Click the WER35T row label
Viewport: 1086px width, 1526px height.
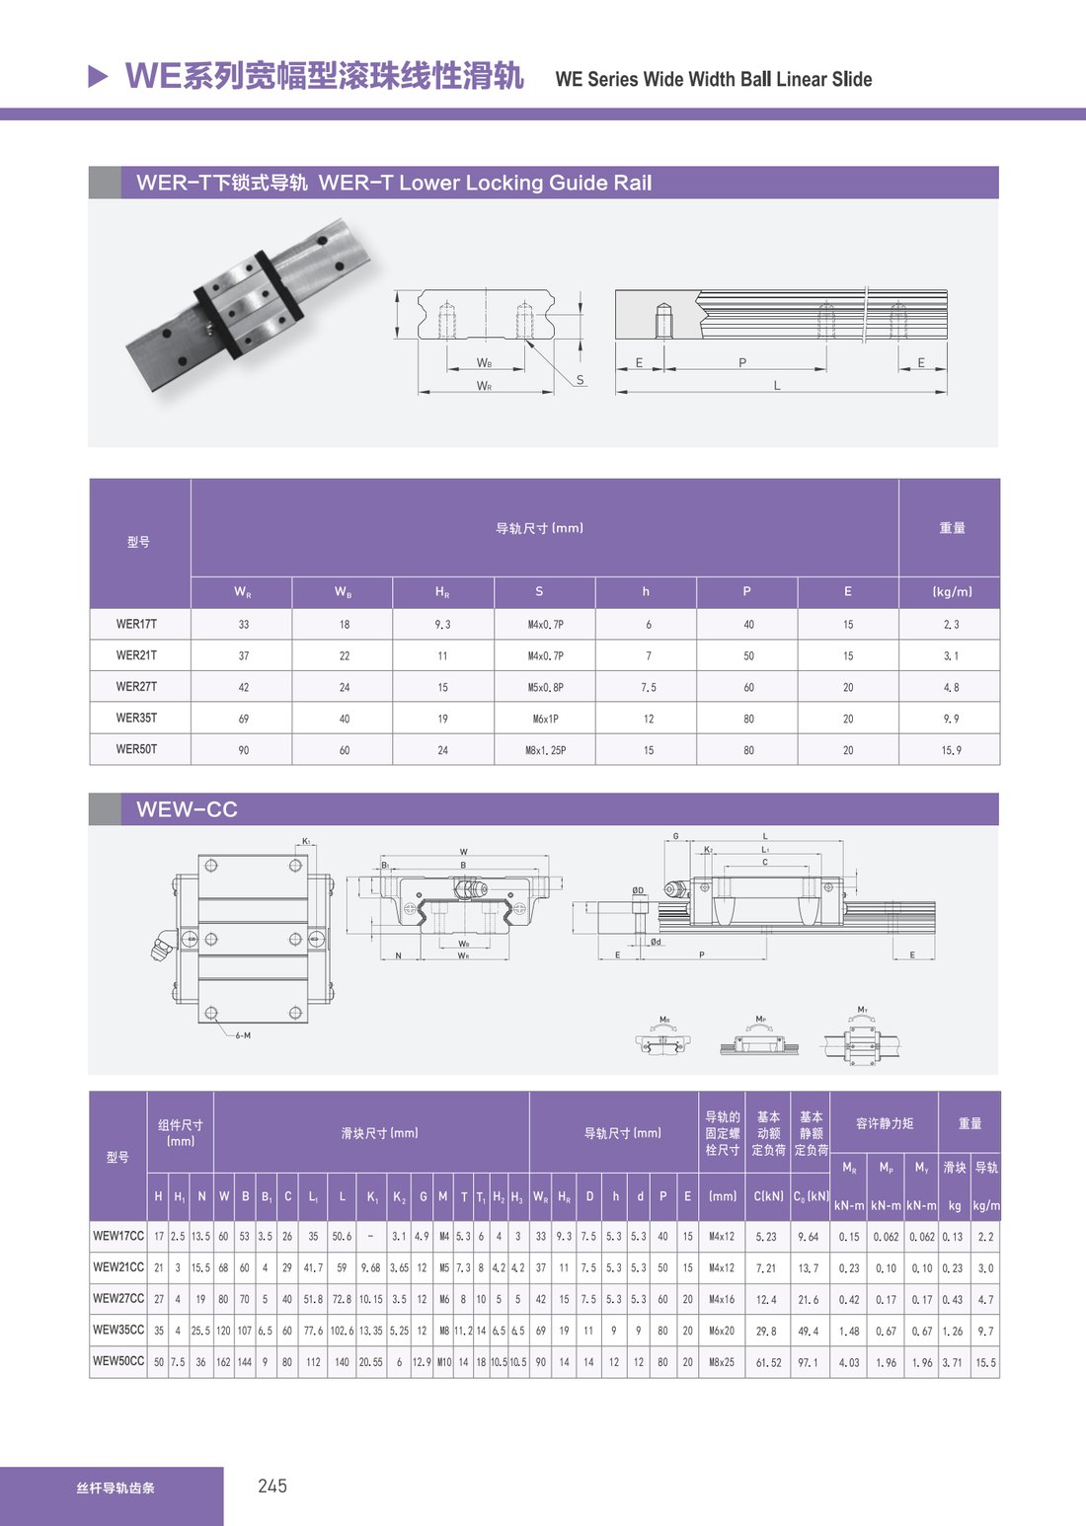(x=136, y=718)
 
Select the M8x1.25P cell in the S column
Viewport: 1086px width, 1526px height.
(x=545, y=750)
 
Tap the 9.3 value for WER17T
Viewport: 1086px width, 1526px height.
(x=443, y=624)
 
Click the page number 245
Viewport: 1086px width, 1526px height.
(x=272, y=1486)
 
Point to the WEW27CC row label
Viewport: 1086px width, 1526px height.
(x=118, y=1298)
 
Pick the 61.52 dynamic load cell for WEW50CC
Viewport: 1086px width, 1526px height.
(x=768, y=1362)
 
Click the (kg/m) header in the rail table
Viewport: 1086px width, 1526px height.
(x=952, y=591)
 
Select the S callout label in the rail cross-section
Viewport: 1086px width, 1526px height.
(x=580, y=379)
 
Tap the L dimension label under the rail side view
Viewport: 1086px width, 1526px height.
(x=776, y=386)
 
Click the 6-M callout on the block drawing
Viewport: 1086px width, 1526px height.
(x=243, y=1034)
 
